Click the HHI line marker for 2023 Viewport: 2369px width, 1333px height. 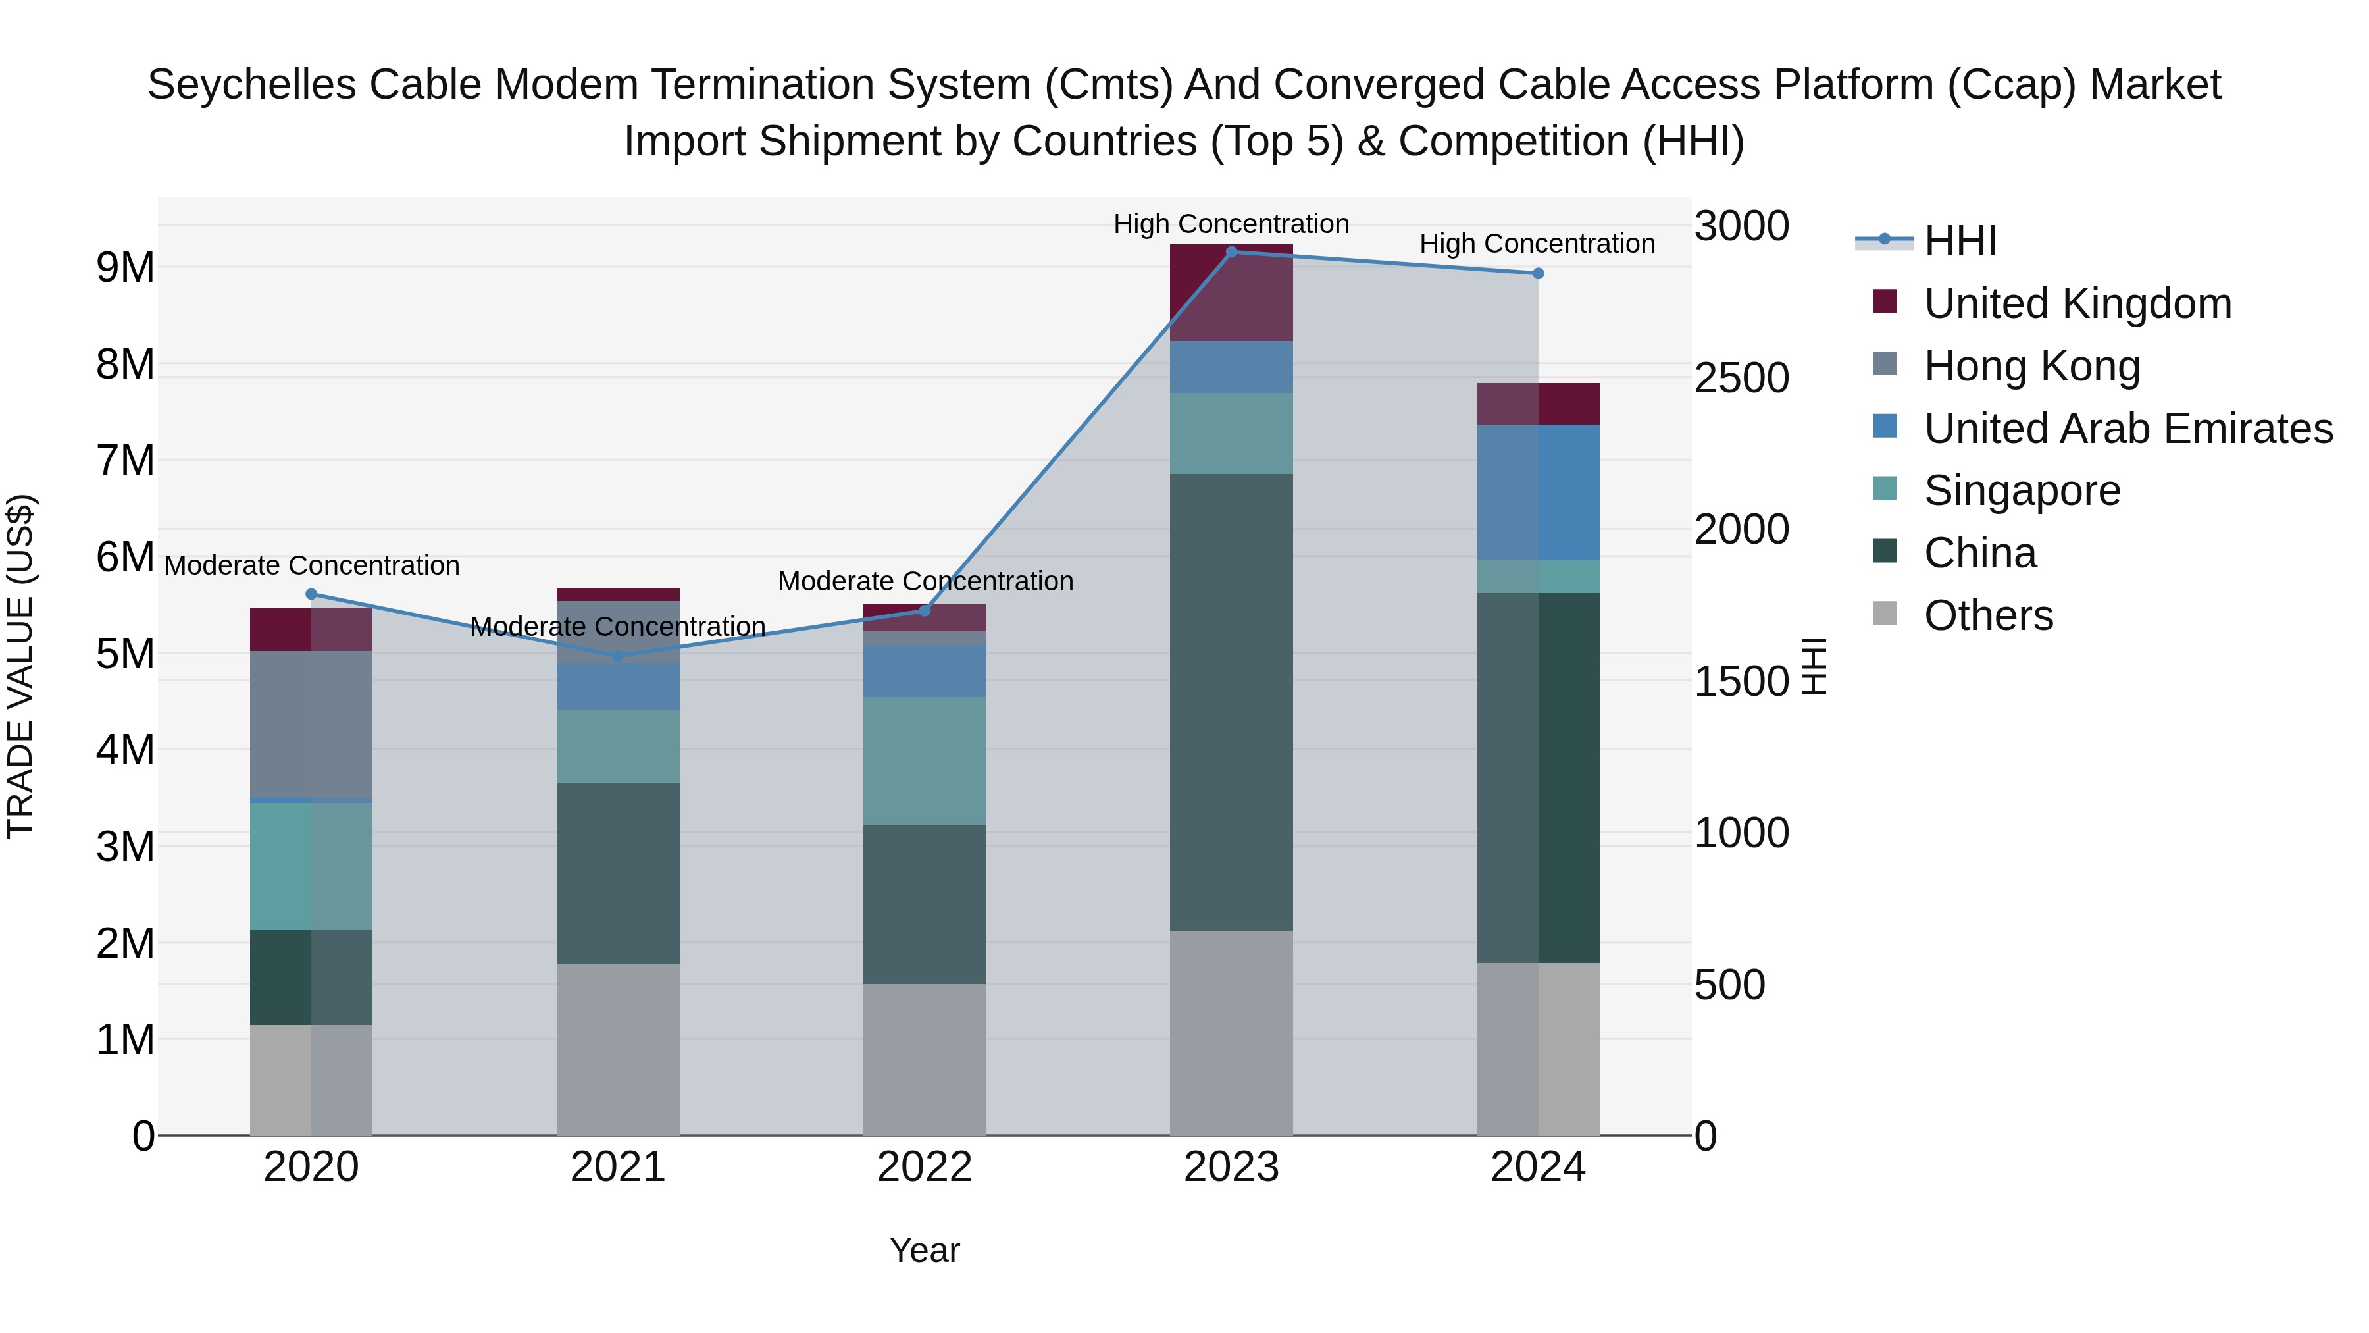pyautogui.click(x=1231, y=252)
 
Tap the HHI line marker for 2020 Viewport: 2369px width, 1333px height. pyautogui.click(x=311, y=594)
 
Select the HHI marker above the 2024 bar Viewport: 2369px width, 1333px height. pyautogui.click(x=1538, y=273)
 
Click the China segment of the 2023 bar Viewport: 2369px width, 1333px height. pyautogui.click(x=1231, y=702)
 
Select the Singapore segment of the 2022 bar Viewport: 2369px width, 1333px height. pyautogui.click(x=925, y=761)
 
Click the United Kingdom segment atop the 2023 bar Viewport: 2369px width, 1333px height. pyautogui.click(x=1231, y=292)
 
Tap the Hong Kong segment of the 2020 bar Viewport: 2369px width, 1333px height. pyautogui.click(x=311, y=724)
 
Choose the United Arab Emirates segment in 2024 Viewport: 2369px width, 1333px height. pyautogui.click(x=1538, y=492)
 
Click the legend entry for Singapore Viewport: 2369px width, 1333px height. pyautogui.click(x=2022, y=490)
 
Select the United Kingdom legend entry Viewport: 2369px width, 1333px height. pyautogui.click(x=2077, y=303)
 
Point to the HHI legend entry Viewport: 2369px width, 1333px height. pyautogui.click(x=1959, y=241)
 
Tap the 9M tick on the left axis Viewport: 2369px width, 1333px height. pyautogui.click(x=125, y=268)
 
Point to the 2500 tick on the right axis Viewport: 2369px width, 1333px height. pyautogui.click(x=1741, y=378)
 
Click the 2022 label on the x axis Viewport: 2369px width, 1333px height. pyautogui.click(x=925, y=1167)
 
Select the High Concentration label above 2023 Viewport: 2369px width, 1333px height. pyautogui.click(x=1231, y=224)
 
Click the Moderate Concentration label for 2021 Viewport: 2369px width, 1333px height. pyautogui.click(x=618, y=627)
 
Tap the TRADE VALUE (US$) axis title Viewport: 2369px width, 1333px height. pyautogui.click(x=20, y=666)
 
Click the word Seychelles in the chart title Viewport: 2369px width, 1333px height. pyautogui.click(x=251, y=85)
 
